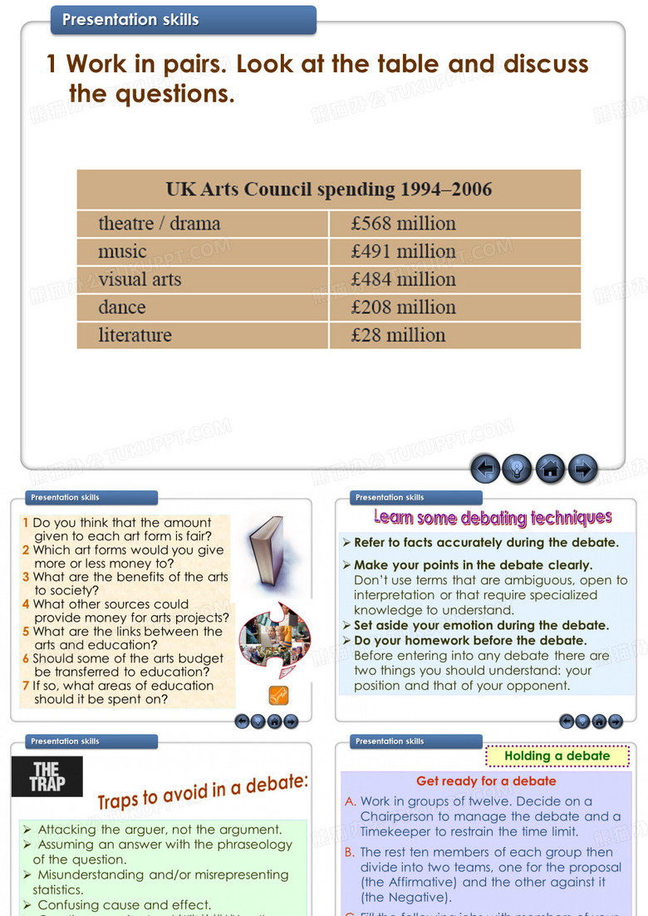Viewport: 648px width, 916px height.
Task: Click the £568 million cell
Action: pos(404,224)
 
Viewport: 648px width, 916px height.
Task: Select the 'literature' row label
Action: pos(135,335)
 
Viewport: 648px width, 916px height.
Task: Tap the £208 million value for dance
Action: pos(404,308)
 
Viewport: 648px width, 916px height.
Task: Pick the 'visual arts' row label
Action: pos(140,279)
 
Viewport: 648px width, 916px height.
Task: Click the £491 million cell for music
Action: pos(404,251)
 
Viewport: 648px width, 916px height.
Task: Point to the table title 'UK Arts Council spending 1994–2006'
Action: pos(328,190)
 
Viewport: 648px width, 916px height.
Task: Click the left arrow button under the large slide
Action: pos(485,470)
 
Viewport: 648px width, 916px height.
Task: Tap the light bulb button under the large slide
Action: pos(518,470)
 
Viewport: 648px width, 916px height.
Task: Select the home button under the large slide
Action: pos(550,470)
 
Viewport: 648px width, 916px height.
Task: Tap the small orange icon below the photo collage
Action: pos(278,695)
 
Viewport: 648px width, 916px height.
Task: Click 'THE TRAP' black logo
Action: pos(47,776)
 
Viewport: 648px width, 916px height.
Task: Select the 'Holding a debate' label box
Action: pos(557,756)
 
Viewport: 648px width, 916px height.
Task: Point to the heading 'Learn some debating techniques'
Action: pos(493,518)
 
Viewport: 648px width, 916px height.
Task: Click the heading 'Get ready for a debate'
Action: pos(486,781)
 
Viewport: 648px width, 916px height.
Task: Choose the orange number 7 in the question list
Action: pos(26,686)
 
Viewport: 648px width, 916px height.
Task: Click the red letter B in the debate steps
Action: pos(350,852)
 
